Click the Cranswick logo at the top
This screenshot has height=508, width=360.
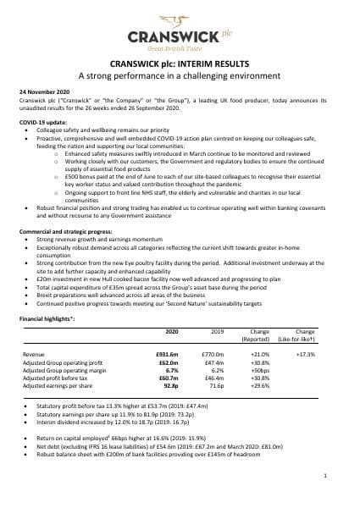click(180, 38)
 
